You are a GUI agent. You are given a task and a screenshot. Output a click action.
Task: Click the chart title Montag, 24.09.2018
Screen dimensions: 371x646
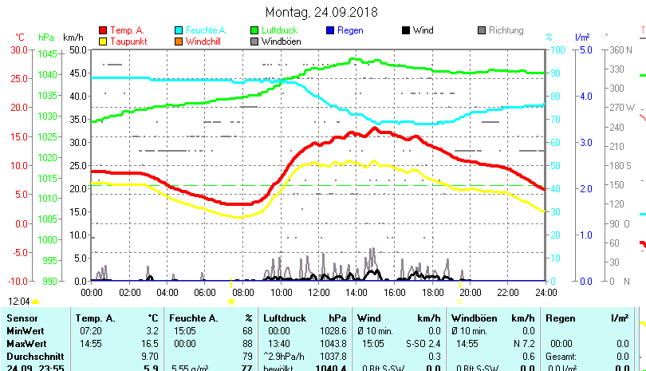coord(321,12)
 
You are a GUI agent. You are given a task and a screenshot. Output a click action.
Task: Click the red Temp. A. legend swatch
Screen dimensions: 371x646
coord(103,30)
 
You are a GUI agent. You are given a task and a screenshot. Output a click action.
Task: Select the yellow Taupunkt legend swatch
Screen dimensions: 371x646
coord(103,41)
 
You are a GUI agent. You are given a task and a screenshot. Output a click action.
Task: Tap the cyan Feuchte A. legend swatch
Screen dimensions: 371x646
coord(179,30)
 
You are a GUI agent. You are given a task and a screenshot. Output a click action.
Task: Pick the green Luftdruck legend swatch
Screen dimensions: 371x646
coord(254,30)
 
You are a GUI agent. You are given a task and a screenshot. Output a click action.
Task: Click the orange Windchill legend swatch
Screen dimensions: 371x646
coord(179,41)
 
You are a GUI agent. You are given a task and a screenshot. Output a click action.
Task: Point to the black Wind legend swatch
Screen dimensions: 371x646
coord(406,30)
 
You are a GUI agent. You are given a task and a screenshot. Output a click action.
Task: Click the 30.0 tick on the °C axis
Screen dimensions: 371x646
coord(19,49)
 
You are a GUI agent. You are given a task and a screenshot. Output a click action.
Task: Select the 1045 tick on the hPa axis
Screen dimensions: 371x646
coord(47,53)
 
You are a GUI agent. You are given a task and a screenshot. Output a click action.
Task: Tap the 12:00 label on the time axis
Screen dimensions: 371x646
coord(318,292)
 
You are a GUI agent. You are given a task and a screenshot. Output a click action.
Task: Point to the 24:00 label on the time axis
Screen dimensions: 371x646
coord(546,292)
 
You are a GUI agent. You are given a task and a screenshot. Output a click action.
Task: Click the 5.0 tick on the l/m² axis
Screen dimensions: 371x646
coord(585,49)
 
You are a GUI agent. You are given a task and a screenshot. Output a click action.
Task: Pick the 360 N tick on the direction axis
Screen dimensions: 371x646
coord(620,49)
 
